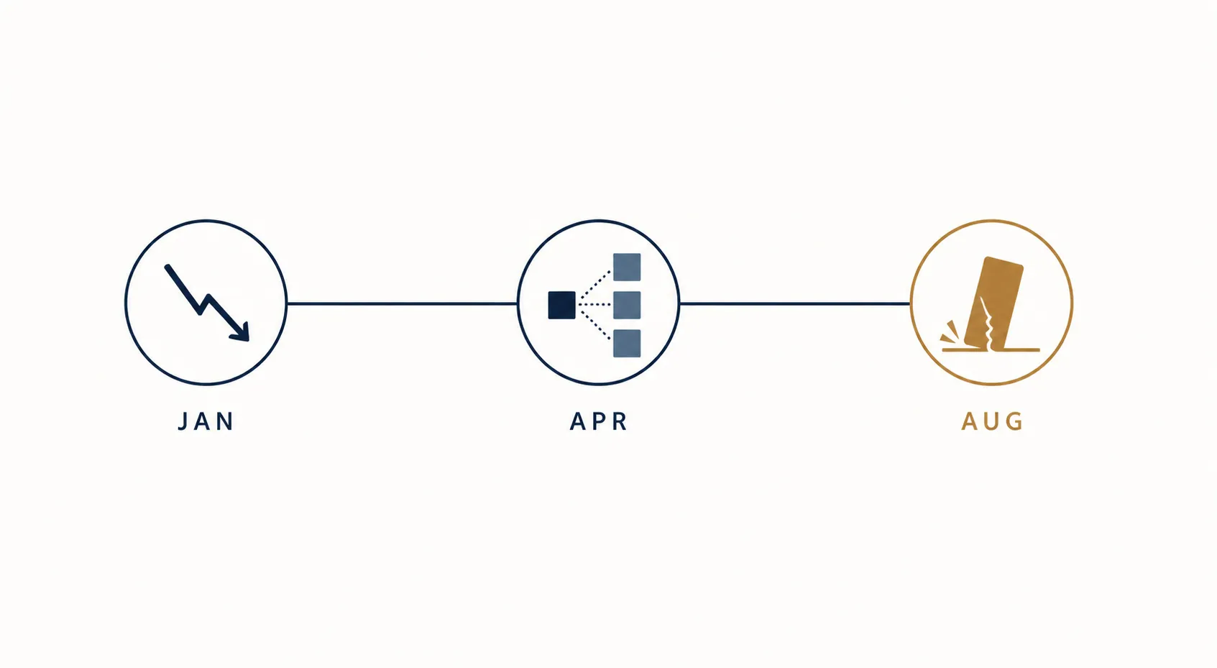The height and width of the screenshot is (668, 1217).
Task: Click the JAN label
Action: [206, 421]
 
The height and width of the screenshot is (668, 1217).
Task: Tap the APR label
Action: [599, 421]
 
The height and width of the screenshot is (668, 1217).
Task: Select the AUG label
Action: [992, 421]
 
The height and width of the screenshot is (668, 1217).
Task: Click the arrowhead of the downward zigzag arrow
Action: [241, 332]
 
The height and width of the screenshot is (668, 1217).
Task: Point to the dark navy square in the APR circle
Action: [562, 305]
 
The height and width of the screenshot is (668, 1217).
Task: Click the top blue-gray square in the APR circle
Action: [627, 267]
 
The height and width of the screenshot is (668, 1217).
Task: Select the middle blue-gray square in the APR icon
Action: [627, 305]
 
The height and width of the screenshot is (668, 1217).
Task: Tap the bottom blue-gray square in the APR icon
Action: [627, 344]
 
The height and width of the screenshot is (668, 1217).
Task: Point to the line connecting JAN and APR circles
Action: [402, 303]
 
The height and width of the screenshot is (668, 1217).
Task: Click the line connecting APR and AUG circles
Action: [795, 303]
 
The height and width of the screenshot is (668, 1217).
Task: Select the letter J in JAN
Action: [183, 421]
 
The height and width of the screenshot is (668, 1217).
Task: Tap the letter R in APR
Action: [620, 421]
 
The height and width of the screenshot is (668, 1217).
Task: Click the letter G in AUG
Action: [1014, 421]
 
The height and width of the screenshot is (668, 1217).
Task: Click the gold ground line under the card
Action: [991, 350]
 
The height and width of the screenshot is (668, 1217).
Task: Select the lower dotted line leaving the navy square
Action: [595, 325]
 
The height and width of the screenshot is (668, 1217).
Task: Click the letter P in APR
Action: [600, 421]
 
